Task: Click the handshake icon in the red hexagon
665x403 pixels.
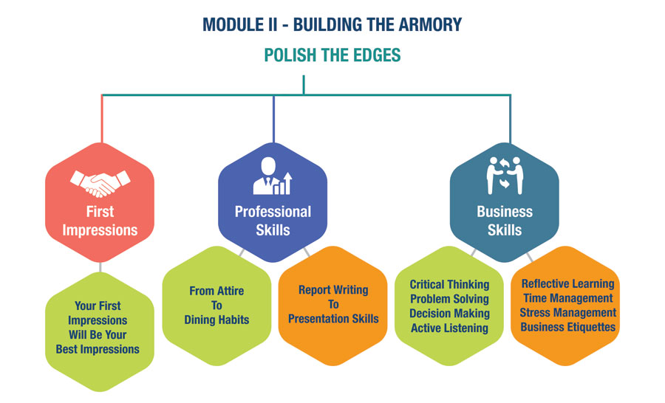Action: pyautogui.click(x=100, y=183)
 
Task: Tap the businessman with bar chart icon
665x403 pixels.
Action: pyautogui.click(x=272, y=176)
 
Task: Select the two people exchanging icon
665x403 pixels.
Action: pyautogui.click(x=505, y=176)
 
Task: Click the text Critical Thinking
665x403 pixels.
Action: pyautogui.click(x=449, y=284)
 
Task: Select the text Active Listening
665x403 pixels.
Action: pyautogui.click(x=449, y=328)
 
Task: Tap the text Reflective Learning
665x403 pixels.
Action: pyautogui.click(x=568, y=283)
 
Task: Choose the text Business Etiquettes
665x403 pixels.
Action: pyautogui.click(x=568, y=327)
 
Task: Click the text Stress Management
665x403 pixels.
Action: pyautogui.click(x=568, y=312)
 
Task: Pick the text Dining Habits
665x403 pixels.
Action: pyautogui.click(x=216, y=320)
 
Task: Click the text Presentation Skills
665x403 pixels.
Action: pyautogui.click(x=333, y=319)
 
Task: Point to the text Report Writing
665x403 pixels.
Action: pyautogui.click(x=333, y=290)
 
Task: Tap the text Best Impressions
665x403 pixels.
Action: pyautogui.click(x=98, y=349)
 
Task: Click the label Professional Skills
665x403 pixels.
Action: pyautogui.click(x=273, y=221)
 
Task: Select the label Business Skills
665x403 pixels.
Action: pyautogui.click(x=505, y=221)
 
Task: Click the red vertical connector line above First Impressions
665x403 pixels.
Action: pyautogui.click(x=102, y=119)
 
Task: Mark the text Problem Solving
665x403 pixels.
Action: pyautogui.click(x=449, y=299)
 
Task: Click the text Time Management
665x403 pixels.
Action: pyautogui.click(x=568, y=298)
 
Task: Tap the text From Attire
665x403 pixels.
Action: pyautogui.click(x=216, y=291)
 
